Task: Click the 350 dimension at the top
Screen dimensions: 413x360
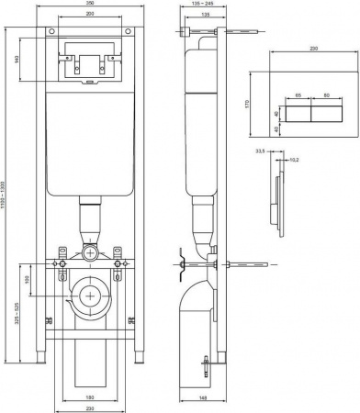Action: (x=89, y=6)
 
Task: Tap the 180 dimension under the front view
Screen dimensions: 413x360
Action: (x=90, y=397)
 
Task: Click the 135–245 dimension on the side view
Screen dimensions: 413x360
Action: (x=202, y=6)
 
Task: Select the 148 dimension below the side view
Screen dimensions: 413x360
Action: (x=201, y=397)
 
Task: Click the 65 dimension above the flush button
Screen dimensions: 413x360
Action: (x=298, y=95)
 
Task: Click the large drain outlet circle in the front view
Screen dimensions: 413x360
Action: (x=90, y=296)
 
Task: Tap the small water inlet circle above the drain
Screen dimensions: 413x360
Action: (x=90, y=251)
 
